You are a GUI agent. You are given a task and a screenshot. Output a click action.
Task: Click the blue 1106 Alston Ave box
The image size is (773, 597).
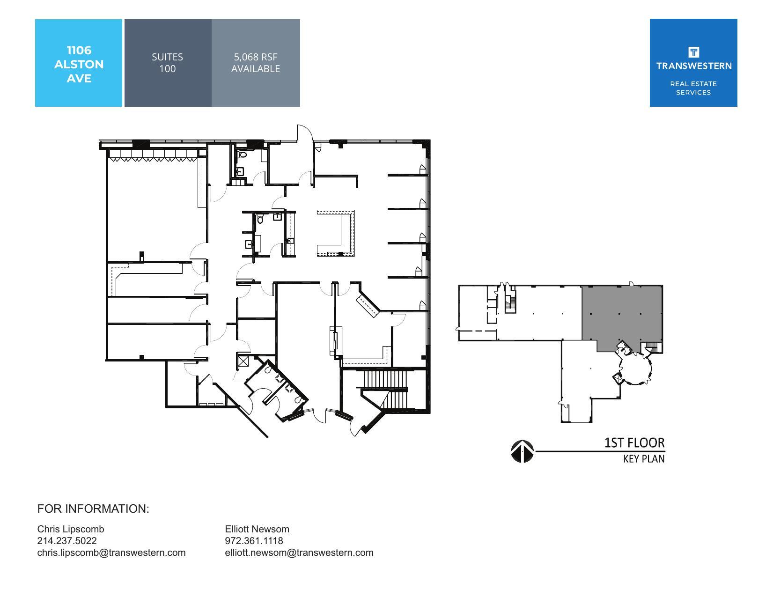coord(79,63)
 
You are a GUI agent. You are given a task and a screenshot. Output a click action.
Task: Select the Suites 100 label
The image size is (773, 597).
coord(167,63)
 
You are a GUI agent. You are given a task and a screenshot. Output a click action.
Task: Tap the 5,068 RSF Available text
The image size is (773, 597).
coord(256,63)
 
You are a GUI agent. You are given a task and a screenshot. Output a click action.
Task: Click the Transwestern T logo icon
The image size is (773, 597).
coord(693,52)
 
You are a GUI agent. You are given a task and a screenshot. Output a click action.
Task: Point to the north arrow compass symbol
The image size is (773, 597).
coord(522,451)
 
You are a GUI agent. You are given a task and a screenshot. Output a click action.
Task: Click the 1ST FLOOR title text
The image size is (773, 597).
coord(634,442)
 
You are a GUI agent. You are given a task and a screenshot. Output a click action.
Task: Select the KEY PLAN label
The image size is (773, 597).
coord(643,459)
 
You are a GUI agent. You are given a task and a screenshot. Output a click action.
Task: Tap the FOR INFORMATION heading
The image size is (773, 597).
coord(93,509)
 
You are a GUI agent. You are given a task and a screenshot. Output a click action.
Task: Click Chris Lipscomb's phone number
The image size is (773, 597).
coord(67,541)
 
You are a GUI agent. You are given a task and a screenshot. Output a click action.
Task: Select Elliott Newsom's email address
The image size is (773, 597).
coord(299,553)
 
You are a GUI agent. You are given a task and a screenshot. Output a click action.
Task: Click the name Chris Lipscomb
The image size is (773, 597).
coord(71,529)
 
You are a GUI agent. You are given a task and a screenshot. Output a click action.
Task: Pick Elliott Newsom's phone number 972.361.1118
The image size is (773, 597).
coord(254,541)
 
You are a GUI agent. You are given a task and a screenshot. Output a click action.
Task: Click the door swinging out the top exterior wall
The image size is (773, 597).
coord(303,133)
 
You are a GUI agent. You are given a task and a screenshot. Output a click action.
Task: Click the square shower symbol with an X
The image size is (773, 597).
coord(243,361)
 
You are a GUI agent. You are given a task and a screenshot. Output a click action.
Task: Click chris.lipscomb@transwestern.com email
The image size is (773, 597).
coord(111,553)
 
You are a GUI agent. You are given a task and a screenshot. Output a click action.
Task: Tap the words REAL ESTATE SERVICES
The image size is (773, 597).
coord(693,88)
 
